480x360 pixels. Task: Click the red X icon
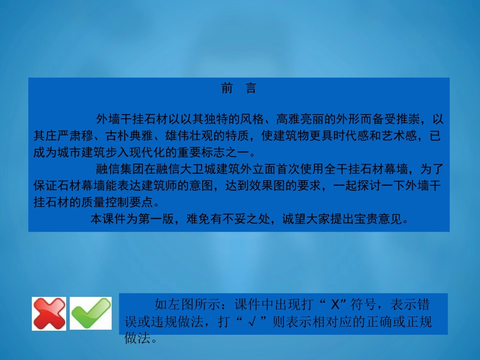(x=49, y=313)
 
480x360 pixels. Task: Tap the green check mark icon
(x=90, y=313)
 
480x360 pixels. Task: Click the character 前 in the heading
(x=227, y=89)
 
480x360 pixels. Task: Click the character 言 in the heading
(x=251, y=89)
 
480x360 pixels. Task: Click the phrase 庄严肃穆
(x=69, y=136)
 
